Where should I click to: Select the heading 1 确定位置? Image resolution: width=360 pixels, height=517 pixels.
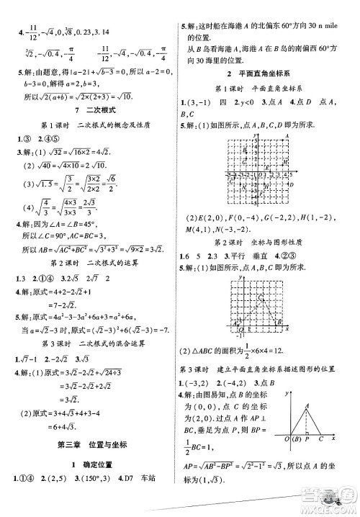(89, 464)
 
